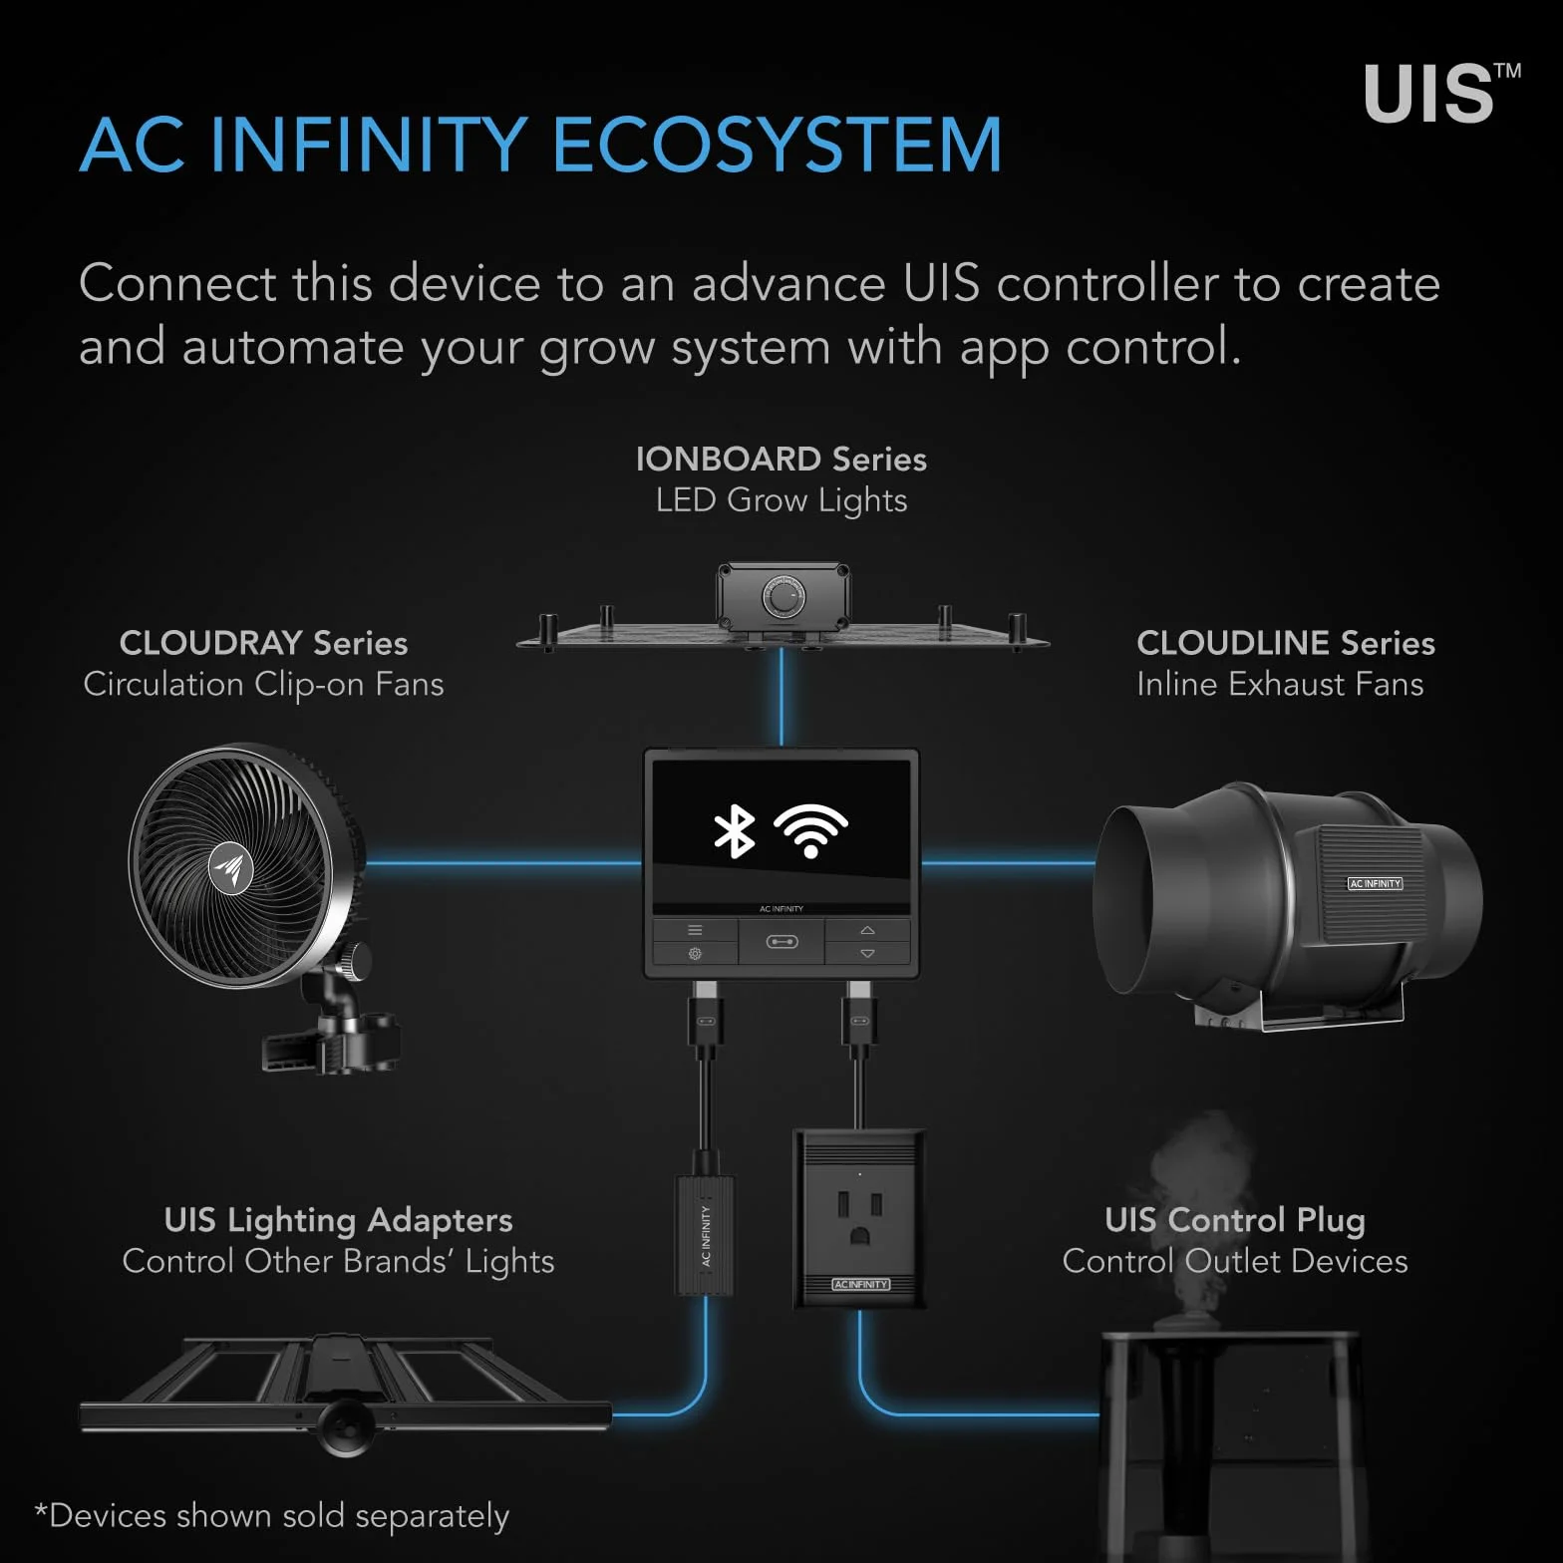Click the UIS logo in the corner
click(x=1441, y=94)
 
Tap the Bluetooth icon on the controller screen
click(x=735, y=831)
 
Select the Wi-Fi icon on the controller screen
click(x=811, y=830)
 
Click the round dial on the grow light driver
click(x=783, y=597)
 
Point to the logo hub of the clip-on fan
click(x=230, y=868)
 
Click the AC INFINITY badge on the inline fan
click(x=1375, y=883)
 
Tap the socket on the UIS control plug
click(x=859, y=1218)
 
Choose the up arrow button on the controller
click(x=867, y=930)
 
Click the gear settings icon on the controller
click(x=695, y=954)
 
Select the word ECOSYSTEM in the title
click(x=777, y=146)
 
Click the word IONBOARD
click(x=729, y=459)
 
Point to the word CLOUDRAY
click(x=211, y=643)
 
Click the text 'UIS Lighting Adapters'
click(x=338, y=1220)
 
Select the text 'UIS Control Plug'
click(x=1235, y=1220)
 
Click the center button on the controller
click(x=781, y=942)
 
